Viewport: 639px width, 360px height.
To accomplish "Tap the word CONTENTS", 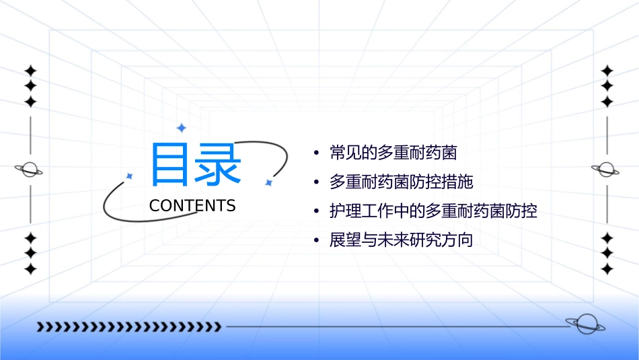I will [x=192, y=206].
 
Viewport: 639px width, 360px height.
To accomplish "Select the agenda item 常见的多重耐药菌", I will [x=393, y=153].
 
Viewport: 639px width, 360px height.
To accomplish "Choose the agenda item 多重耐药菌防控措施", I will [x=402, y=182].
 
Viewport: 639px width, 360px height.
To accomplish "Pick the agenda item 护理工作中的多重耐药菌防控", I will [x=433, y=211].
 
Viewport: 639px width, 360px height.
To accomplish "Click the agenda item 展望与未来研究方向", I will [x=401, y=240].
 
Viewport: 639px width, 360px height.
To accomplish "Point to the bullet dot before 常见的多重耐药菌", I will [x=317, y=153].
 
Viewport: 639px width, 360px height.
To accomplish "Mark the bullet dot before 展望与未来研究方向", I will [x=317, y=241].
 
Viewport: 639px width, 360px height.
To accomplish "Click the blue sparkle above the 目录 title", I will [x=180, y=127].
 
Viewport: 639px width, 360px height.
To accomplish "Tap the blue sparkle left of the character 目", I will [x=130, y=176].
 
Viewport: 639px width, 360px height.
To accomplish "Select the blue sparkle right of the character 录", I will [x=268, y=182].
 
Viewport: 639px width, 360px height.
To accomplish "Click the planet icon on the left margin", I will [x=30, y=170].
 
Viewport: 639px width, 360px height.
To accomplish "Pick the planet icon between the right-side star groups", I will [x=607, y=170].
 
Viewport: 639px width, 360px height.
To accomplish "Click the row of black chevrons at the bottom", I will [x=128, y=327].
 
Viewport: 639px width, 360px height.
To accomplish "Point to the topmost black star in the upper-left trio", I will [x=30, y=71].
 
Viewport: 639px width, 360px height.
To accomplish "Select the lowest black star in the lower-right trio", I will [x=607, y=269].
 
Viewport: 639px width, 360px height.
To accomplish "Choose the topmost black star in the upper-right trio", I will [x=607, y=71].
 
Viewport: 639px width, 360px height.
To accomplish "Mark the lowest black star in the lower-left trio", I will [x=30, y=269].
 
